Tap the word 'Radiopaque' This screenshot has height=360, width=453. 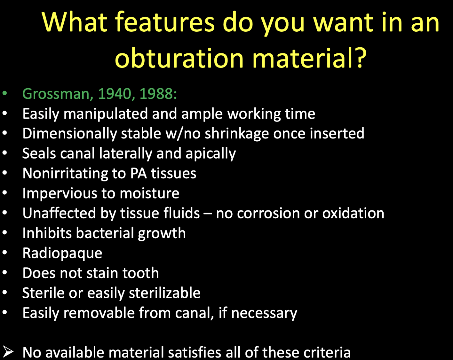(62, 253)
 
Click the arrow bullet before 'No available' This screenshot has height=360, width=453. (8, 352)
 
